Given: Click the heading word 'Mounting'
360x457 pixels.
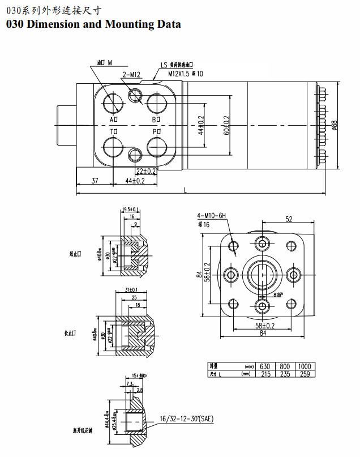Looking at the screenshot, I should coord(128,24).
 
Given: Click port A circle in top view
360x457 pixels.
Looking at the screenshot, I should coord(113,104).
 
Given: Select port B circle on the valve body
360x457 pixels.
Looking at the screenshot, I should coord(157,104).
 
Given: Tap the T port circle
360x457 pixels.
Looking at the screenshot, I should coord(113,146).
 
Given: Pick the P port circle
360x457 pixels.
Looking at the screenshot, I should coord(157,147).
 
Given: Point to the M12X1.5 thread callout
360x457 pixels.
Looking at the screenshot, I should coord(179,74).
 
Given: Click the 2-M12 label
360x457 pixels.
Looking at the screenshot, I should coord(131,75).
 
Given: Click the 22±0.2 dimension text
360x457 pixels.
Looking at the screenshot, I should coord(146,171).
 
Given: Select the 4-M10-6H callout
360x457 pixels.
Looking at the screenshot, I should coord(211,216).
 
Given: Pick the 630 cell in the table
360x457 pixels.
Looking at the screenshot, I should coord(265,366).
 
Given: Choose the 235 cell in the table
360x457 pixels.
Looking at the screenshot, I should coord(285,374).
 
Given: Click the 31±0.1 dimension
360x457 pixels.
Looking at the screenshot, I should coord(131,291).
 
